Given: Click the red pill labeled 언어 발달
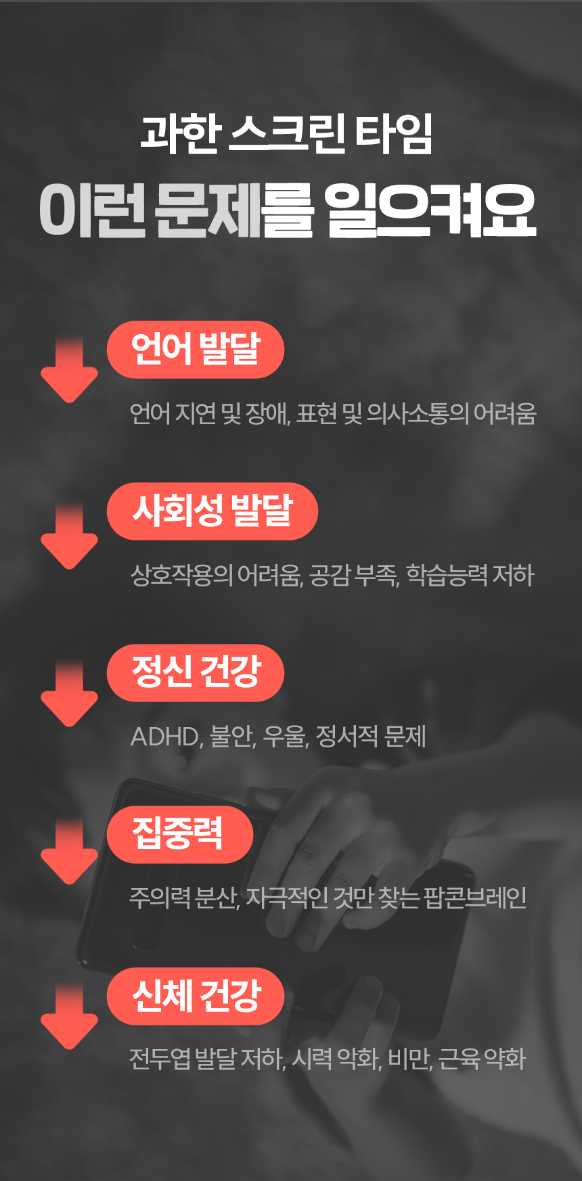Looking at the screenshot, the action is click(195, 350).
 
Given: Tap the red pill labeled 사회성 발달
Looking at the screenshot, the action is click(212, 511).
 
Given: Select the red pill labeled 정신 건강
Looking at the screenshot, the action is click(195, 673).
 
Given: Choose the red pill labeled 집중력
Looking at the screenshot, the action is click(179, 834).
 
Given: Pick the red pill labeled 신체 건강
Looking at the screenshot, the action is click(195, 996).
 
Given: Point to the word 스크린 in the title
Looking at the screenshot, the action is click(288, 133).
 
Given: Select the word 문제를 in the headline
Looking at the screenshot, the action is click(234, 211).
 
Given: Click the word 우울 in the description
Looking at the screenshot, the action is click(285, 737).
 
